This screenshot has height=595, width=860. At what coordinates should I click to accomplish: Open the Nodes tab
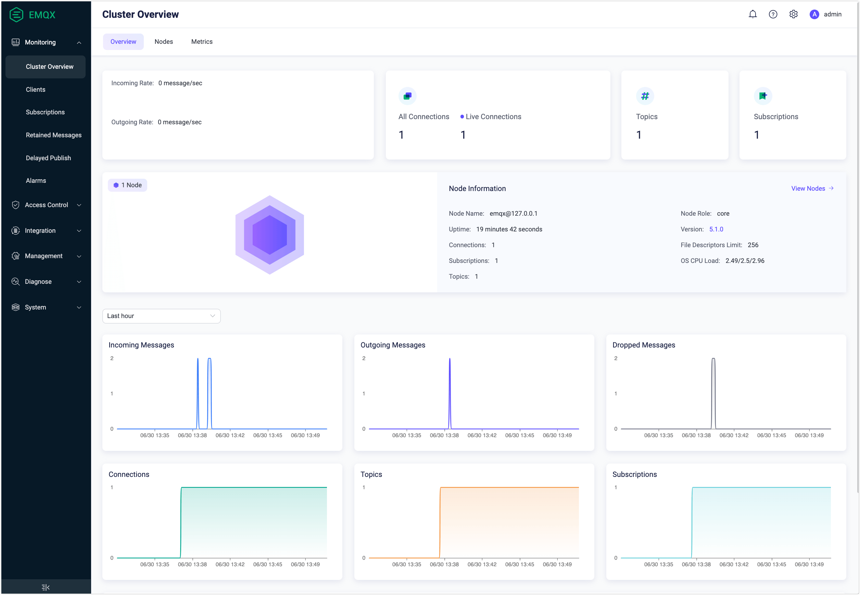[164, 41]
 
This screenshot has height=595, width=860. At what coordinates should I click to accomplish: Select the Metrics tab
[202, 41]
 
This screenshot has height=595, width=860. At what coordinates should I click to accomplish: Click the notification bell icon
[752, 14]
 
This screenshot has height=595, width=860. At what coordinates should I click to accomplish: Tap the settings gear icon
[793, 14]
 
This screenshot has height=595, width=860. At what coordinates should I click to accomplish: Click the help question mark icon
[773, 14]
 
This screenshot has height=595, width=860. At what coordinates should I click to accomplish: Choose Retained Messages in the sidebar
[53, 135]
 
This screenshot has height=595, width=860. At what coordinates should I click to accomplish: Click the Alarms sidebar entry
[36, 180]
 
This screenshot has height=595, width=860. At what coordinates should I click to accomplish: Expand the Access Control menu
[46, 205]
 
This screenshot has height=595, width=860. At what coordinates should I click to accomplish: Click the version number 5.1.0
[716, 229]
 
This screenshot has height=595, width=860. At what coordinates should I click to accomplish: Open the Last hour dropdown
[161, 316]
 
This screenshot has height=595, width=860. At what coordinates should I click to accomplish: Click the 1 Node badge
[127, 185]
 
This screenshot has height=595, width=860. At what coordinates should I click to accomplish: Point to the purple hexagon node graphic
[269, 235]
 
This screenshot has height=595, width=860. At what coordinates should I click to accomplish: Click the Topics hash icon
[645, 96]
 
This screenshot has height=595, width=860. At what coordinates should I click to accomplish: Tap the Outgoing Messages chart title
[393, 345]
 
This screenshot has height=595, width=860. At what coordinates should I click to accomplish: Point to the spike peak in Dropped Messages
[713, 359]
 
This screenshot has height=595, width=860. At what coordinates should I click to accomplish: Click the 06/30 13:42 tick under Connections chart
[230, 564]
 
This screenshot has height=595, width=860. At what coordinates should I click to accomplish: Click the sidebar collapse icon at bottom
[46, 587]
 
